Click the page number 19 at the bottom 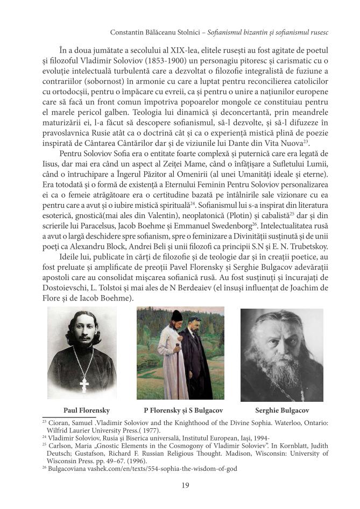click(185, 485)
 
